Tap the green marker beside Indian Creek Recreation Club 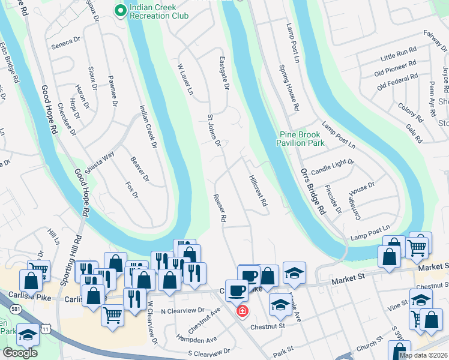(120, 10)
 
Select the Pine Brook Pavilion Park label (300, 139)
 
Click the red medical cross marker (242, 311)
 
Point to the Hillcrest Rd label (257, 190)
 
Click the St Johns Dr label (214, 130)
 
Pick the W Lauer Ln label (185, 80)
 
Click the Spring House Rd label (289, 89)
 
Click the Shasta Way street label (100, 163)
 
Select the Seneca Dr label (66, 41)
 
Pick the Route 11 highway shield (46, 329)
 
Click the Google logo (20, 353)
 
